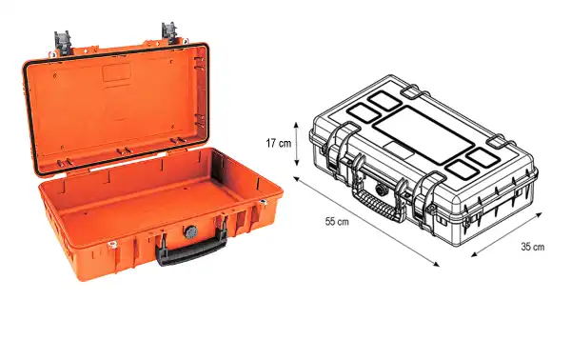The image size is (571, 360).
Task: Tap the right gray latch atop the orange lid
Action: [x=171, y=30]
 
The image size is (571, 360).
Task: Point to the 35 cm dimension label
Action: [x=532, y=248]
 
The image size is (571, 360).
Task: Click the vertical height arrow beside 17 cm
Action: [x=299, y=143]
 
